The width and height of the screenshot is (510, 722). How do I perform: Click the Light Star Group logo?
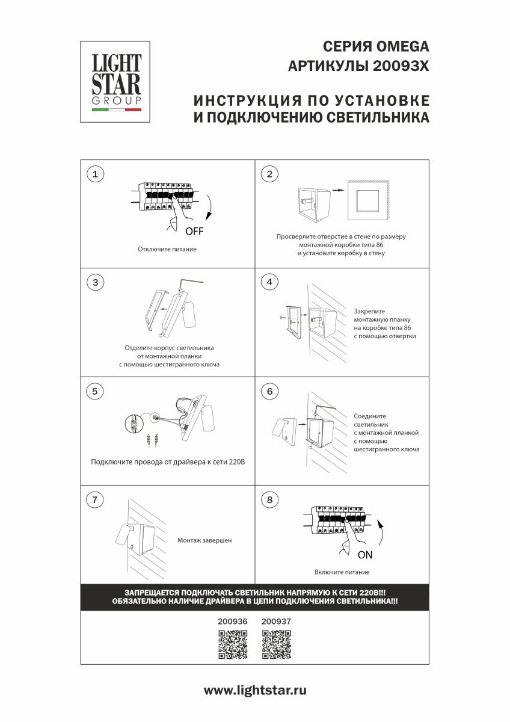116,81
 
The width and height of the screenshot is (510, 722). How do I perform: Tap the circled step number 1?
95,174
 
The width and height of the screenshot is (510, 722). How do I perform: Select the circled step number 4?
269,282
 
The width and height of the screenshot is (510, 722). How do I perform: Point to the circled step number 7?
95,499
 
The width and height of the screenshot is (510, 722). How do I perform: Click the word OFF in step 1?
195,231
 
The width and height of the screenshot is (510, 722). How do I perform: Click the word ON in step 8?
365,554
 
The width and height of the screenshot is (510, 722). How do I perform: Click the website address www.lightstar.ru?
255,691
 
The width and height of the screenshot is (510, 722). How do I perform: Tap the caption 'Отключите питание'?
167,248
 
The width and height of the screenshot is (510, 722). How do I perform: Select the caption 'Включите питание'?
342,572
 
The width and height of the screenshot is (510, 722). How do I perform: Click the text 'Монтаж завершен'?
204,540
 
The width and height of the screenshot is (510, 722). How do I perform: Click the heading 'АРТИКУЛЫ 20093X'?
359,66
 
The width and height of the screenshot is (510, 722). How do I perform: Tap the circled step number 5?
95,391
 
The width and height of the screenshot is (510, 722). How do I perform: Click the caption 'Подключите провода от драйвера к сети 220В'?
168,462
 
